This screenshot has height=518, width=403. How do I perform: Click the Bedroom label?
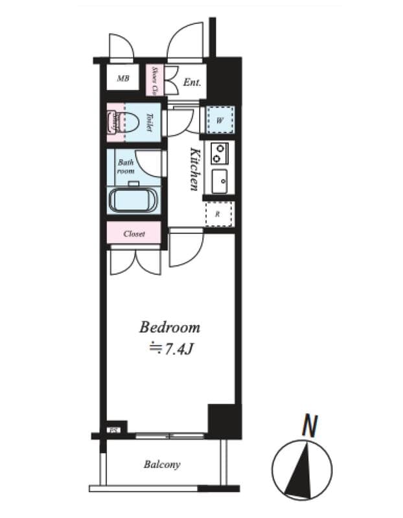click(170, 327)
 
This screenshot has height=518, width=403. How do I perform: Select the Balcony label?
click(162, 464)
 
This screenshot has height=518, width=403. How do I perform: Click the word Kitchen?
click(194, 170)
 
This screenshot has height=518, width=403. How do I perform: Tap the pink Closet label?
click(133, 234)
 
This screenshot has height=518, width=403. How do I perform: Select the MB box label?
click(123, 80)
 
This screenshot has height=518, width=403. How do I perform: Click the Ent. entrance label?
click(192, 82)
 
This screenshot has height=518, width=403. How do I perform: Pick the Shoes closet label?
click(155, 81)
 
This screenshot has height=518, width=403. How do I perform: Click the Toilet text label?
click(148, 122)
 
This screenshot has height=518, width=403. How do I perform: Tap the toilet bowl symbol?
click(125, 121)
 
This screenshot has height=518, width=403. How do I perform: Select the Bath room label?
click(126, 167)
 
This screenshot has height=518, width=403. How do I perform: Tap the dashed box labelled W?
click(220, 120)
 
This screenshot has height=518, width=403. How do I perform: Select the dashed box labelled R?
click(218, 213)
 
